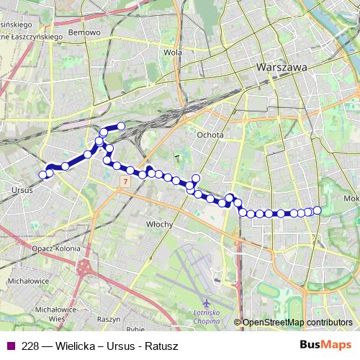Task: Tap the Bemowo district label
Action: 84,33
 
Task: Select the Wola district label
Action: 172,52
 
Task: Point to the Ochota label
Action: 210,135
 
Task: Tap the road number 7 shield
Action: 125,182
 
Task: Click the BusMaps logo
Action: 325,346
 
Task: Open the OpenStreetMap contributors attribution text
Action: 297,323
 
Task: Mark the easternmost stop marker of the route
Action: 317,210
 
